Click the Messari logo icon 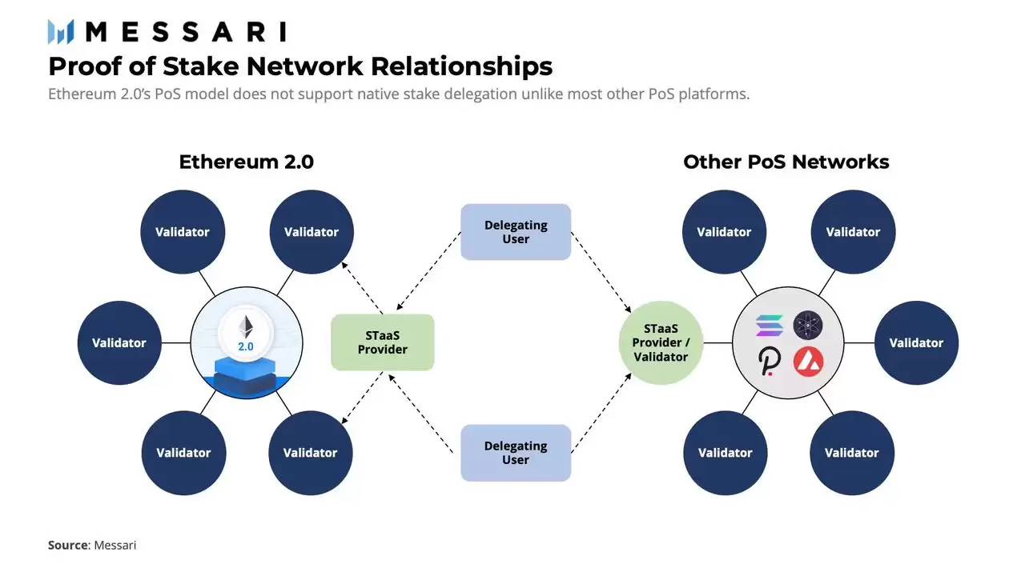(x=61, y=32)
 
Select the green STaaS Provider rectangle (x=382, y=342)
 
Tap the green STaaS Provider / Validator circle (x=661, y=342)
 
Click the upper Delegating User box (x=516, y=232)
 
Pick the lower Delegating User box (x=516, y=453)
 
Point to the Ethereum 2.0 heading (x=246, y=162)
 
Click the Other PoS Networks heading (x=786, y=162)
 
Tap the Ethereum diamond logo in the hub (x=246, y=326)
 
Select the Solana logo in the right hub (x=770, y=326)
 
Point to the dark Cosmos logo (x=808, y=326)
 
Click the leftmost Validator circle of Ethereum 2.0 (x=119, y=342)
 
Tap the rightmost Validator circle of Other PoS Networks (x=916, y=342)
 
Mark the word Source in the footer (x=67, y=545)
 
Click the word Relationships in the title (x=443, y=65)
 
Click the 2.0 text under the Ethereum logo (x=246, y=347)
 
